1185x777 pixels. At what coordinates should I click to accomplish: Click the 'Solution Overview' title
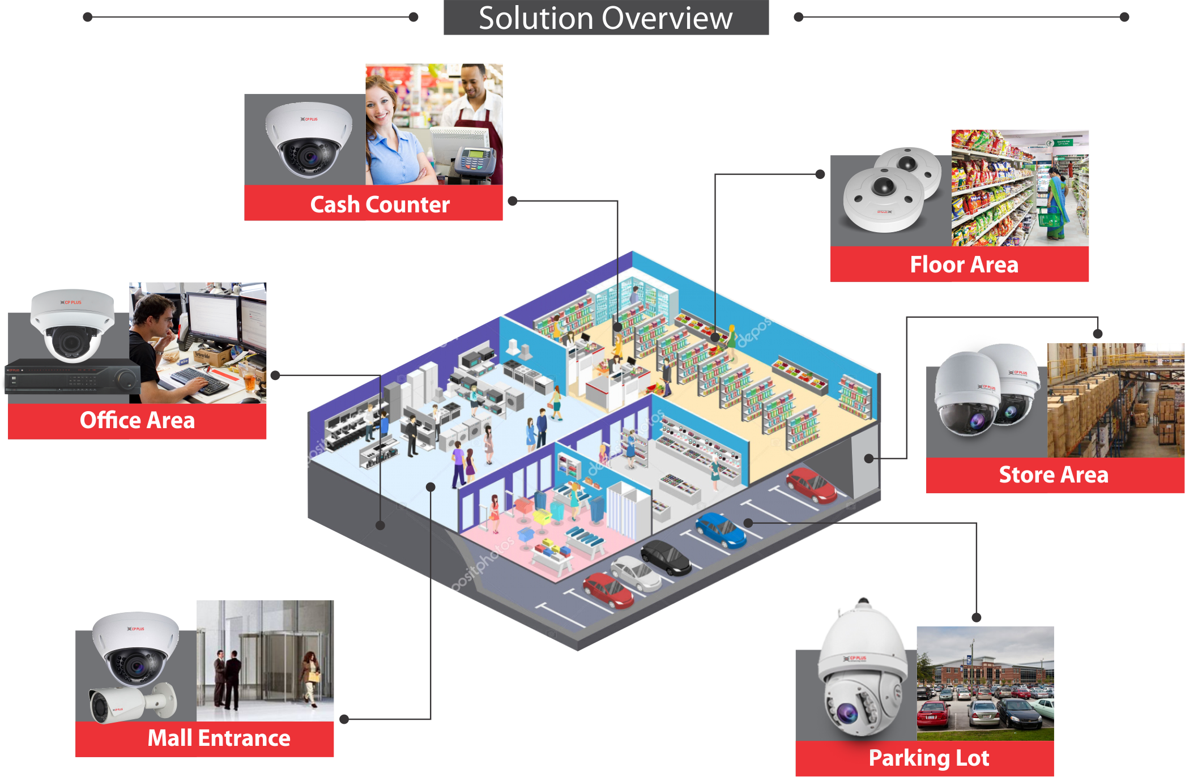click(606, 18)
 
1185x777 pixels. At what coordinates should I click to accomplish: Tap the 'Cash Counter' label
click(380, 204)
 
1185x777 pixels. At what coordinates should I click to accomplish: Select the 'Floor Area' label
click(964, 264)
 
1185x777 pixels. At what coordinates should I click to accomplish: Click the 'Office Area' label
click(137, 420)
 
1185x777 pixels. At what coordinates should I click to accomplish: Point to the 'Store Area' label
click(1054, 475)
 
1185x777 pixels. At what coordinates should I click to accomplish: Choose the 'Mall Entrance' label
click(219, 738)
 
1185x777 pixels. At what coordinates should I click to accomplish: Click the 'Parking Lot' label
click(929, 758)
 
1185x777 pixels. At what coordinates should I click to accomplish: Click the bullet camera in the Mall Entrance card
click(130, 703)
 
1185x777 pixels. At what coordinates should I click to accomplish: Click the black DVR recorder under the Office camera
click(71, 377)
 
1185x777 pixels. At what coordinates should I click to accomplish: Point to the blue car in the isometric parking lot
click(721, 530)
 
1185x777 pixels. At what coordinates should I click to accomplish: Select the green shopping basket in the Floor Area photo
click(1051, 219)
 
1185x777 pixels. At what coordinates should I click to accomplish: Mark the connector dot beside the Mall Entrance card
click(344, 719)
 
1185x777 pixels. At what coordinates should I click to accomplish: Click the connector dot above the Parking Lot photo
click(976, 617)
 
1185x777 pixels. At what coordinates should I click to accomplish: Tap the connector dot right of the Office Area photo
click(275, 375)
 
